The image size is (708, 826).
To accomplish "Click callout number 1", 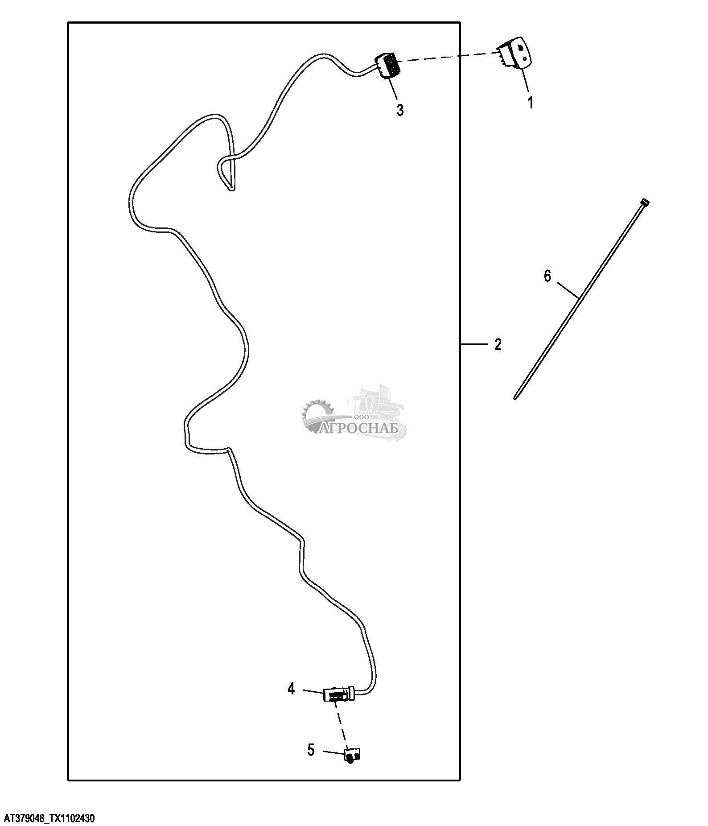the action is (x=530, y=102).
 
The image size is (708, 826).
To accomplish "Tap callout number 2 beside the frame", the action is (x=498, y=344).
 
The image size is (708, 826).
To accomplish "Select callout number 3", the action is (x=400, y=110).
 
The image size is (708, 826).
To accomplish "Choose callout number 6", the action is (x=547, y=277).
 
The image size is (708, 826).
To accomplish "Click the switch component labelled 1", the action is (x=516, y=53).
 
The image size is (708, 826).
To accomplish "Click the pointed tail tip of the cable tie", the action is (x=515, y=398).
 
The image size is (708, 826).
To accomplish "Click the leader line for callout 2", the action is (x=474, y=344).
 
